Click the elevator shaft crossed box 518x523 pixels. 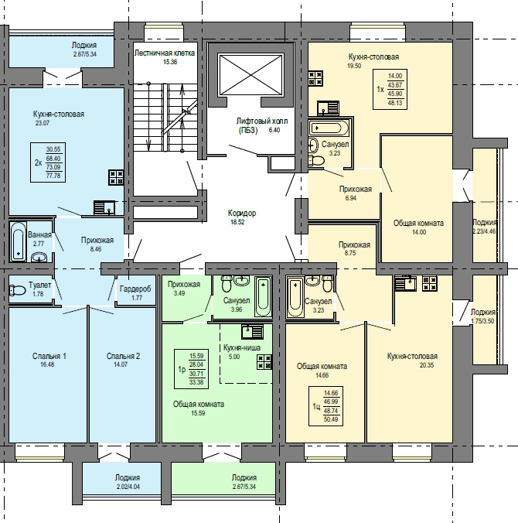(x=250, y=75)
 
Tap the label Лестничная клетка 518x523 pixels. (x=165, y=53)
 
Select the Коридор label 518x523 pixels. (x=242, y=213)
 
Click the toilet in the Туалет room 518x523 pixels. (x=18, y=290)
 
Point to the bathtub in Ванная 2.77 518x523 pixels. (x=18, y=241)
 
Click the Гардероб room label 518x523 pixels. (x=135, y=289)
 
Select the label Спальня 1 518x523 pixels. (x=49, y=356)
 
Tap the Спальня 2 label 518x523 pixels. (x=123, y=356)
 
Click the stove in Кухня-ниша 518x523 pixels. (x=264, y=362)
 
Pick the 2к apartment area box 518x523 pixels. (x=48, y=162)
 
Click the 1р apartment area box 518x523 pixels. (x=191, y=369)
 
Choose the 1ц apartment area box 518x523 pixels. (x=325, y=406)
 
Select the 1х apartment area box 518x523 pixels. (x=390, y=89)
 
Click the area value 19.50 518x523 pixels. (x=354, y=66)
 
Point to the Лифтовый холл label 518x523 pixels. (x=261, y=121)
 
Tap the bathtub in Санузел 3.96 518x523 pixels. (x=263, y=296)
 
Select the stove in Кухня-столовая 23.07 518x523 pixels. (x=116, y=177)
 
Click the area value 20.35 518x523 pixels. (x=427, y=365)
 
